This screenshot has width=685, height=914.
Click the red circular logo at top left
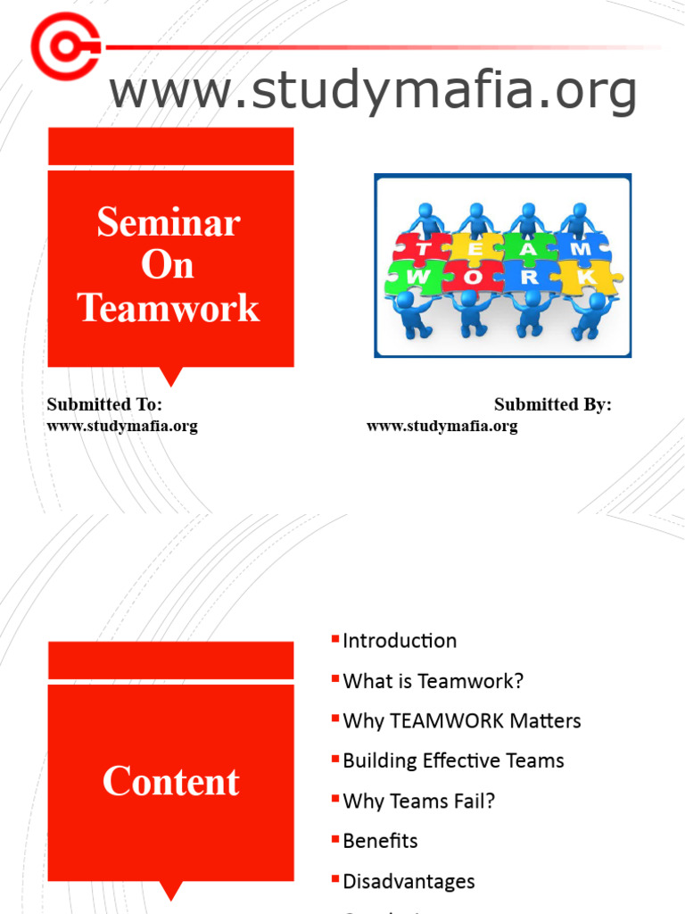pos(65,46)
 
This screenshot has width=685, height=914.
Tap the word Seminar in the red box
pos(169,221)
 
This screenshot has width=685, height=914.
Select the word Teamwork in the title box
pos(169,308)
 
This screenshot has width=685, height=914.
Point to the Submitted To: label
pos(104,404)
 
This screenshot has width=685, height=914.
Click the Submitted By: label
pos(553,404)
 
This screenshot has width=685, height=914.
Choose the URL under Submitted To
pos(122,426)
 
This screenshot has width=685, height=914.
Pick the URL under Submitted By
pos(442,426)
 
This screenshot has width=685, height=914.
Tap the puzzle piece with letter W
pos(416,277)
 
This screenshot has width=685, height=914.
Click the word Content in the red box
pos(170,782)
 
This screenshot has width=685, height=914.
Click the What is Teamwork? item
pos(433,681)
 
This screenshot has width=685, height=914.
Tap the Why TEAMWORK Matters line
pos(461,721)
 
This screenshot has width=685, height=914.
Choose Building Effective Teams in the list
pos(453,761)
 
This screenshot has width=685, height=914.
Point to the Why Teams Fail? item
pos(418,802)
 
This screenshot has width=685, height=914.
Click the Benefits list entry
pos(380,841)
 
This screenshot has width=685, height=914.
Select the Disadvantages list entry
pos(409,882)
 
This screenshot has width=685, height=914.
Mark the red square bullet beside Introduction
pos(335,639)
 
